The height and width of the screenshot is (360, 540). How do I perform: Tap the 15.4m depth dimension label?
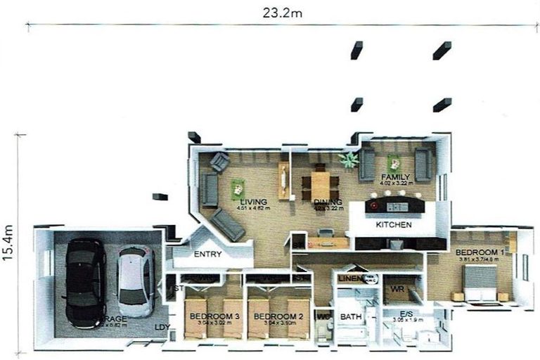pos(8,243)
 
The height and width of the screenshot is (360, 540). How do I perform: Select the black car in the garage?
pos(85,282)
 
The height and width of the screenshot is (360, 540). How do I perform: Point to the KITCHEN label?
pos(394,225)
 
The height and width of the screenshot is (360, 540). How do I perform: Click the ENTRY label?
pos(207,255)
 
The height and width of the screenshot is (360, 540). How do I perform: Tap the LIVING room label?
pos(253,202)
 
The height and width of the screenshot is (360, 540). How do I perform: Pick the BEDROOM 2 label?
pos(278,317)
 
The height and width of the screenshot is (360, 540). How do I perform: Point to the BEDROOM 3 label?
pos(215,317)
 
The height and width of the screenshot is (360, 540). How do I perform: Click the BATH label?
pos(350,317)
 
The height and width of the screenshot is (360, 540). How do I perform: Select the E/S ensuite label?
pos(406,314)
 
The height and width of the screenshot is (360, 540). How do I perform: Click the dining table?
pos(321,186)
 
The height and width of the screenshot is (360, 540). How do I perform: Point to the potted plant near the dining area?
pos(348,160)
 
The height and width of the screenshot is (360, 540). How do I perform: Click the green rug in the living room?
pos(238,188)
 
